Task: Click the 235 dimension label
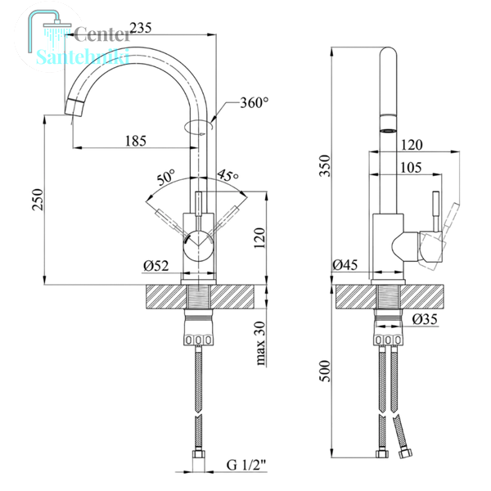[x=141, y=28]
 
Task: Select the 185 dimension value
[x=136, y=141]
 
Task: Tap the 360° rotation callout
[x=255, y=102]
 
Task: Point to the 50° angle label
[x=166, y=178]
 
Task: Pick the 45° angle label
[x=227, y=176]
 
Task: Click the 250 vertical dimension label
[x=38, y=200]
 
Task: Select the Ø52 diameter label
[x=156, y=266]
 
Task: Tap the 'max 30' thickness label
[x=260, y=344]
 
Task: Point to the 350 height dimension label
[x=325, y=165]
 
